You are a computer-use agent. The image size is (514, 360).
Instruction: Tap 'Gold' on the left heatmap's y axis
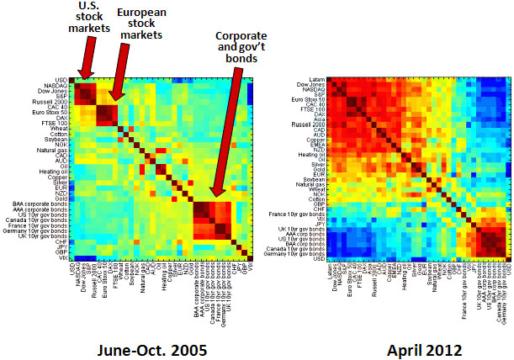click(x=61, y=198)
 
